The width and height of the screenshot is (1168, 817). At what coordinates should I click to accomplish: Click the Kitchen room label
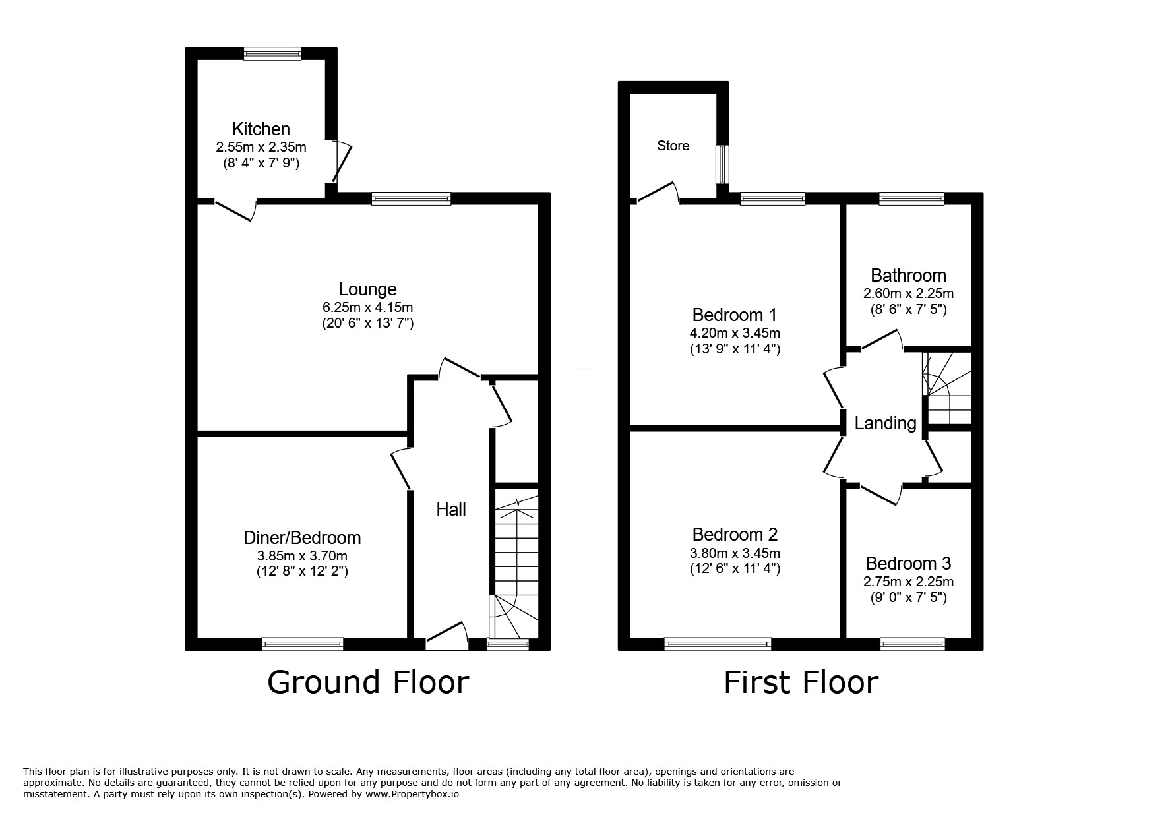point(261,129)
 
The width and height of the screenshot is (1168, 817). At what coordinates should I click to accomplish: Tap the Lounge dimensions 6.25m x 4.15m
point(367,307)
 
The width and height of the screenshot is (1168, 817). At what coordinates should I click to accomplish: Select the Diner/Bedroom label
point(302,538)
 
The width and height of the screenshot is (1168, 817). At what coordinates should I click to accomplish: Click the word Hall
point(451,509)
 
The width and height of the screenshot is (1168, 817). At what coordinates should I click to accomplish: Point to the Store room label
point(673,146)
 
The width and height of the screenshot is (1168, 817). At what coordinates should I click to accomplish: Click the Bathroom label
point(908,275)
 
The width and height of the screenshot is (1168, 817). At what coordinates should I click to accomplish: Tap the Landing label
point(885,423)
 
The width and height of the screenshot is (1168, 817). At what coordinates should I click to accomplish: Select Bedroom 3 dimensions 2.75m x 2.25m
point(908,582)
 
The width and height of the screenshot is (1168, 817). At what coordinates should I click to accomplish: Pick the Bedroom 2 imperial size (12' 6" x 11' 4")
point(731,569)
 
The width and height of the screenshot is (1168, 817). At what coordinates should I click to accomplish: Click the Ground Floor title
point(367,682)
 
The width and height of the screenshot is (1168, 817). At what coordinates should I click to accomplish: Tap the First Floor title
point(801,682)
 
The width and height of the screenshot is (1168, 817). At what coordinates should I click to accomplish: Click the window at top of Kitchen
point(272,54)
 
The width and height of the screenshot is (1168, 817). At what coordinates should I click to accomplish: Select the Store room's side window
point(723,164)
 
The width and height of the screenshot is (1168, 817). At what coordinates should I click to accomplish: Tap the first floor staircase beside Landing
point(947,389)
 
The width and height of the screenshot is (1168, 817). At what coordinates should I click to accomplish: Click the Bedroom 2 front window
point(718,644)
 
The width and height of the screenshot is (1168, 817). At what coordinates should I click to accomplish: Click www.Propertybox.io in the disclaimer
point(412,795)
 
